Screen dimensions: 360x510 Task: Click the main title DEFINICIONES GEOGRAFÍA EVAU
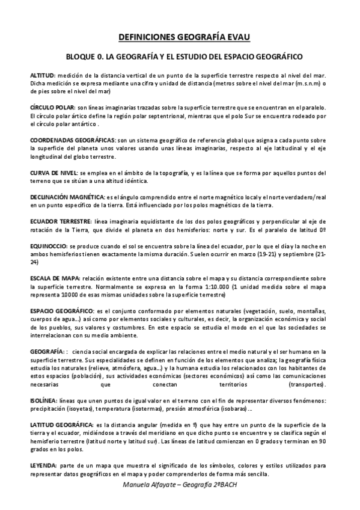[180, 37]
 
